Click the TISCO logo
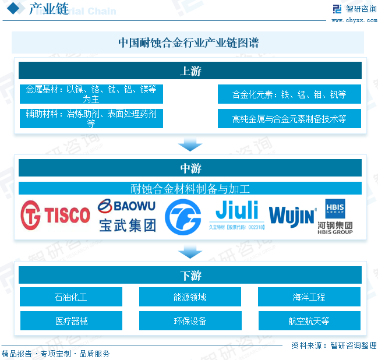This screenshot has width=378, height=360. click(55, 216)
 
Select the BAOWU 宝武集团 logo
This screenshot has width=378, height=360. click(127, 216)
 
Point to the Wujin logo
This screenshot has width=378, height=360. click(292, 216)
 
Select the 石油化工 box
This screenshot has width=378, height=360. click(71, 297)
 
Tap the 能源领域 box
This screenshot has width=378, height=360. click(190, 297)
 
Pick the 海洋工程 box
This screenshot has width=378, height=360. click(309, 297)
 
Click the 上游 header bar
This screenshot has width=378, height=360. click(190, 71)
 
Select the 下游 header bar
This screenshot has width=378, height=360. click(190, 275)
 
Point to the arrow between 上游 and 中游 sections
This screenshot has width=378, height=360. click(190, 144)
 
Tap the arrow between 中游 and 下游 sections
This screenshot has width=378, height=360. click(190, 252)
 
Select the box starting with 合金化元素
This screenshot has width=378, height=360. click(289, 94)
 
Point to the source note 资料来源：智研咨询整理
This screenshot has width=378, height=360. click(334, 345)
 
